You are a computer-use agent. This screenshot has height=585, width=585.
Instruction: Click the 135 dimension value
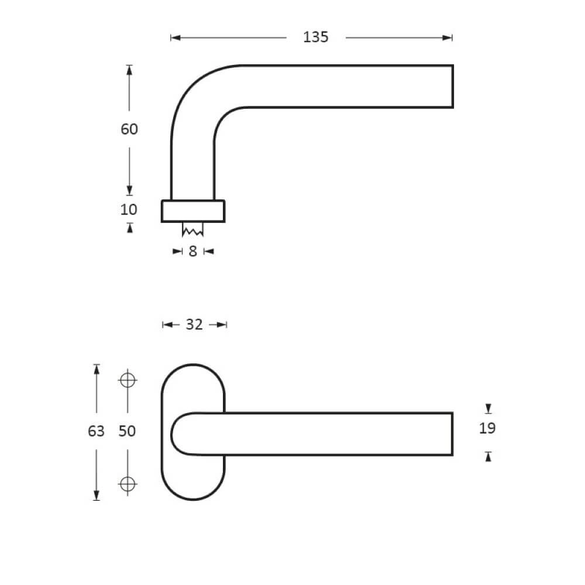tap(316, 37)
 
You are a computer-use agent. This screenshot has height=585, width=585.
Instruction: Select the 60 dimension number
tap(129, 129)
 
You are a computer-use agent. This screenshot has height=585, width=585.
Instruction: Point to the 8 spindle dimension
tap(192, 252)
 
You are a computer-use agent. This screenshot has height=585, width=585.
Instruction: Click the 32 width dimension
tap(194, 325)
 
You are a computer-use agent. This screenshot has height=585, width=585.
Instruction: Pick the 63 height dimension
tap(96, 432)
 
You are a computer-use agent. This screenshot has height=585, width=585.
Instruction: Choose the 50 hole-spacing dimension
tap(127, 432)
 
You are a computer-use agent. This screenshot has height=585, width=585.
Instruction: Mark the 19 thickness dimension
tap(487, 428)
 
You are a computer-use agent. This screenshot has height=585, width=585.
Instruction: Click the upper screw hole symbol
tap(128, 380)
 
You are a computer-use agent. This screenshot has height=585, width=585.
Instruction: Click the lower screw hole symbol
tap(128, 484)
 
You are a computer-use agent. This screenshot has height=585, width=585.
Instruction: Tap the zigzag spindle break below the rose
tap(192, 230)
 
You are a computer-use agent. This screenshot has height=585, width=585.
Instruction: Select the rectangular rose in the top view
tap(192, 211)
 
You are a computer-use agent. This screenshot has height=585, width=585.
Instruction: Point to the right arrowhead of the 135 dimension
tap(448, 38)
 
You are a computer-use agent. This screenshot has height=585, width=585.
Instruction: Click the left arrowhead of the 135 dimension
tap(175, 38)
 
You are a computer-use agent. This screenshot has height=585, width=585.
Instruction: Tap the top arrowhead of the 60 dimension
tap(129, 70)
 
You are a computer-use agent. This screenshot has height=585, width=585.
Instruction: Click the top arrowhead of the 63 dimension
tap(97, 369)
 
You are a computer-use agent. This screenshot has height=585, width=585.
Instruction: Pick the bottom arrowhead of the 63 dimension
tap(97, 495)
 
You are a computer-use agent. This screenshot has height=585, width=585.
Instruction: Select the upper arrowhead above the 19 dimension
tap(488, 408)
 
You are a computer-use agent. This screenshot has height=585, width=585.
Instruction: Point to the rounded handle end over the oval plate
tap(181, 433)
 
